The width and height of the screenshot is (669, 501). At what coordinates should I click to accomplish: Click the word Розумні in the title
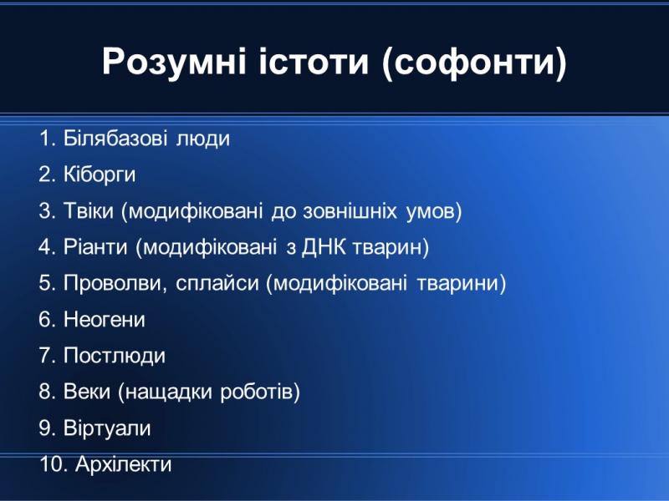[174, 62]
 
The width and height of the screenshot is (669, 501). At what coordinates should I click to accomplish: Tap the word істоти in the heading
[314, 61]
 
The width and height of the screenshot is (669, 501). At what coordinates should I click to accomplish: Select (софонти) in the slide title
[474, 63]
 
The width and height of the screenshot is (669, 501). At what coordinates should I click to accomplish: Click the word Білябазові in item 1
[115, 139]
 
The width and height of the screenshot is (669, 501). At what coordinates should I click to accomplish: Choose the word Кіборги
[100, 175]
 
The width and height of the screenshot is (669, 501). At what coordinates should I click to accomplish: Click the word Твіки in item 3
[89, 210]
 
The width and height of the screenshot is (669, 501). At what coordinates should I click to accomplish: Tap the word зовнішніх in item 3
[350, 211]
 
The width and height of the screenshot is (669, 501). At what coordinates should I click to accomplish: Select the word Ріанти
[95, 247]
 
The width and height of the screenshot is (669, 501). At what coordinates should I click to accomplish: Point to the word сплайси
[217, 284]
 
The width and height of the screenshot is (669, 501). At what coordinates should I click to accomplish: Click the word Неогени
[105, 320]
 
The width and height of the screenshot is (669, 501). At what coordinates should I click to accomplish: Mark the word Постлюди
[115, 357]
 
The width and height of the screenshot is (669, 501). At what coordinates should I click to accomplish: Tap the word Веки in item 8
[87, 392]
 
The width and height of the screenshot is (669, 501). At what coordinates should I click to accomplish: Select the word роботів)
[260, 392]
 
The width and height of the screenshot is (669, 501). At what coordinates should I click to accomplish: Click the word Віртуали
[107, 428]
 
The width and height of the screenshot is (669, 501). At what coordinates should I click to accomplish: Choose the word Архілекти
[123, 464]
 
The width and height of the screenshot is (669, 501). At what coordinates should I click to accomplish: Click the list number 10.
[54, 464]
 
